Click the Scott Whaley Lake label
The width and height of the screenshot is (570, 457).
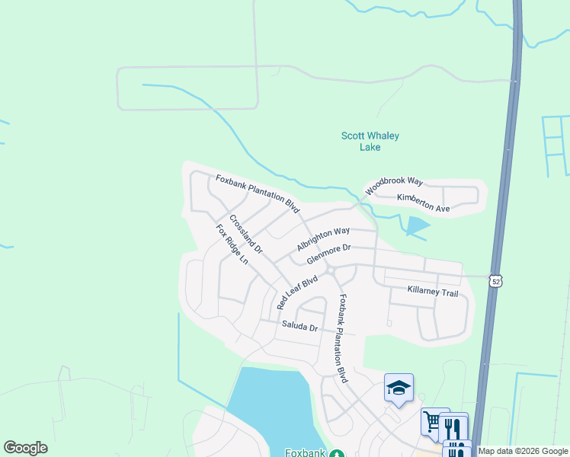tap(370, 142)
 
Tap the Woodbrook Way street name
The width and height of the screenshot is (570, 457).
tap(393, 186)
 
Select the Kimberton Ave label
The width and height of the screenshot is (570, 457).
tap(423, 203)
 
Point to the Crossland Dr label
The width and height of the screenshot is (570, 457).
tap(245, 235)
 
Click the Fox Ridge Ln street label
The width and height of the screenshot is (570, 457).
tap(232, 244)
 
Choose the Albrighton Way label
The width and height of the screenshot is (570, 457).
tap(323, 238)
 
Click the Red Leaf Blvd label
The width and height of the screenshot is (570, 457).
tap(296, 292)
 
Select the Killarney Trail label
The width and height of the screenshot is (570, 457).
tap(433, 292)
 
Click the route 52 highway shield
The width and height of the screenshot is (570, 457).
tap(496, 281)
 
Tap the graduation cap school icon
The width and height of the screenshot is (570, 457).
tap(399, 388)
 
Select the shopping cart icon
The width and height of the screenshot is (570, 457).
tap(432, 421)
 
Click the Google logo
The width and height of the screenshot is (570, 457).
tap(25, 448)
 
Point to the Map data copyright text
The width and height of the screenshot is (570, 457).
tap(523, 451)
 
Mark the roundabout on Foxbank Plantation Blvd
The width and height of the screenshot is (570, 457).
tap(331, 270)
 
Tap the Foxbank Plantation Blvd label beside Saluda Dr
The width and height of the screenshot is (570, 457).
tap(342, 338)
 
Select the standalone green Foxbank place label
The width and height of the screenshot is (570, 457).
tap(306, 452)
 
